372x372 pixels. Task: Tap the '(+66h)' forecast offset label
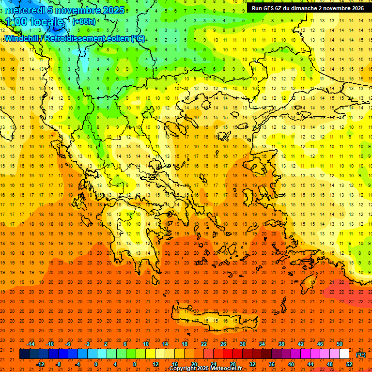(x=83, y=22)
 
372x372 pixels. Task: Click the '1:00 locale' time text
(x=34, y=22)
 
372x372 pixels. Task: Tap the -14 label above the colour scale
(x=31, y=344)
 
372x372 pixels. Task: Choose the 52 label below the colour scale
(x=349, y=364)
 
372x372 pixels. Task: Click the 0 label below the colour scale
(x=96, y=364)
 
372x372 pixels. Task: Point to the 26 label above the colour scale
(x=223, y=344)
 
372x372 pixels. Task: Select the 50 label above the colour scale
(x=339, y=344)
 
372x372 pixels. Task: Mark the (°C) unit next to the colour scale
(x=361, y=355)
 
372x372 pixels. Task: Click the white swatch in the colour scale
(x=344, y=354)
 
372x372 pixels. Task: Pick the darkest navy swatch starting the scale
(x=24, y=354)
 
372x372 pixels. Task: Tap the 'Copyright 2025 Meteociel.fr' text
(x=206, y=369)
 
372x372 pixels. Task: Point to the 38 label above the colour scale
(x=281, y=344)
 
